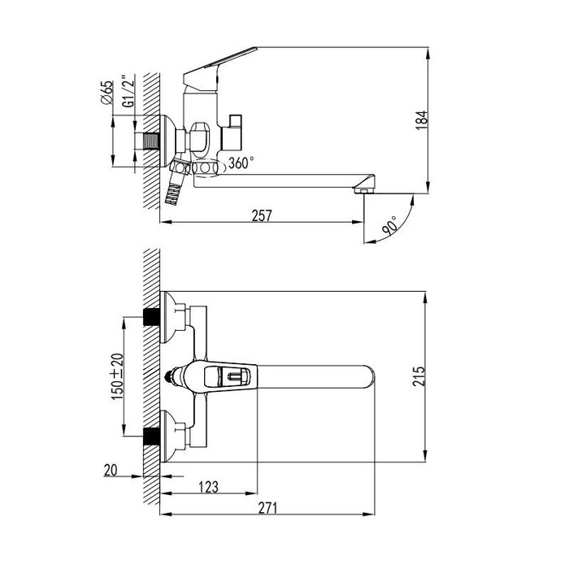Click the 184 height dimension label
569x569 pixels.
(x=422, y=120)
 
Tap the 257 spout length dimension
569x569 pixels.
(x=262, y=215)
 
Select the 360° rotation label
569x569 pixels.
(x=241, y=163)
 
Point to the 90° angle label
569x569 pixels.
(x=389, y=226)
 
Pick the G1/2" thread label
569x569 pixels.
(x=128, y=91)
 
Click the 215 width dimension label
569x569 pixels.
(x=419, y=376)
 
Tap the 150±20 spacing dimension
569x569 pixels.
(x=117, y=376)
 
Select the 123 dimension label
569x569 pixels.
(x=209, y=487)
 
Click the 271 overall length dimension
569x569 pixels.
(x=267, y=508)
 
